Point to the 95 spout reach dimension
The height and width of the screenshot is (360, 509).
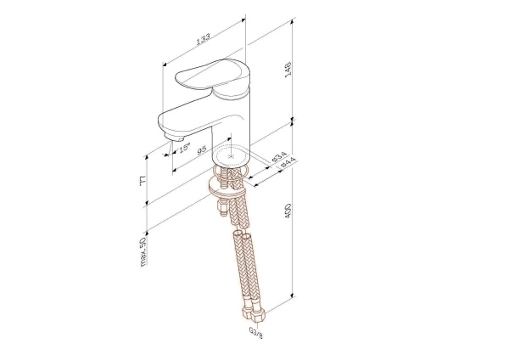tap(201, 150)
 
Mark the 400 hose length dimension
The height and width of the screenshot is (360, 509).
tap(289, 214)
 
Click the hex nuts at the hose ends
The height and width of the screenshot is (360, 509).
tap(249, 311)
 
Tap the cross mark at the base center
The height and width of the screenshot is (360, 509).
tap(232, 156)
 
